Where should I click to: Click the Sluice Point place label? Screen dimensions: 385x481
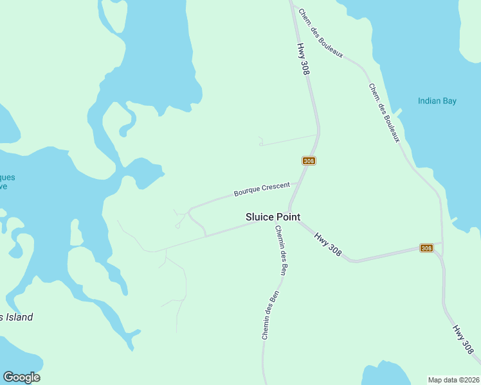tap(273, 218)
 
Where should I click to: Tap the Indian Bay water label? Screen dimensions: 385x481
tap(437, 101)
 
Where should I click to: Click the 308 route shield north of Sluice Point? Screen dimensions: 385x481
tap(309, 160)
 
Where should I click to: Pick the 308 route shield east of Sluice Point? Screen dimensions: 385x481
tap(426, 248)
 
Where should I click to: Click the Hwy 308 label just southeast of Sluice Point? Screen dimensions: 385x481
tap(328, 244)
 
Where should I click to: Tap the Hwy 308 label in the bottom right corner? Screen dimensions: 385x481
tap(463, 339)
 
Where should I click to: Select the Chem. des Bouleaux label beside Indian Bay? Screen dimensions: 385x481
tap(385, 113)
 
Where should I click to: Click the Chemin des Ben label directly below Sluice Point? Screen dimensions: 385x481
tap(280, 251)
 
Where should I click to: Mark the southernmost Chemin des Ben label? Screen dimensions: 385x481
tap(270, 315)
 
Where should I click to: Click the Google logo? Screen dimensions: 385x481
tap(21, 377)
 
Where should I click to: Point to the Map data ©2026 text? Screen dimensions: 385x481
tap(453, 379)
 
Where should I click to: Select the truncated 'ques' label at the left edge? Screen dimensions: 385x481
tap(8, 178)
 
